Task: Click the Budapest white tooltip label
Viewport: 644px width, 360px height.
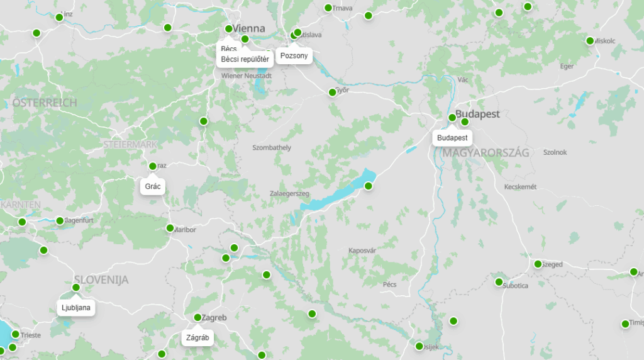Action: [452, 138]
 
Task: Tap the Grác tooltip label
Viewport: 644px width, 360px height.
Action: [153, 187]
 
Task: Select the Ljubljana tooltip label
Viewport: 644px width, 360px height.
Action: [76, 308]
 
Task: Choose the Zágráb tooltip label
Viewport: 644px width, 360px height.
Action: [197, 338]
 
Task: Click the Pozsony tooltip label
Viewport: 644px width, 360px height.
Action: [294, 56]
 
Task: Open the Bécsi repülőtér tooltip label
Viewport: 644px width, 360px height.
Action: [245, 60]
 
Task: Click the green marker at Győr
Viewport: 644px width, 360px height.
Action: [333, 93]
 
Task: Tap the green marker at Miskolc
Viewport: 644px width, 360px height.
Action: [590, 41]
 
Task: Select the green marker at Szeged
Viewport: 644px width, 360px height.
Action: [538, 264]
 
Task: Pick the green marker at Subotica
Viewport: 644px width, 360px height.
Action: [499, 282]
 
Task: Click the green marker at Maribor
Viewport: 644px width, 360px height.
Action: [170, 228]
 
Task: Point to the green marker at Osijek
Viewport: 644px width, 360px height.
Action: [419, 346]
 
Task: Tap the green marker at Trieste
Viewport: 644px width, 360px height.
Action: [15, 334]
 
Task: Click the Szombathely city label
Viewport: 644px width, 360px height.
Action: [271, 148]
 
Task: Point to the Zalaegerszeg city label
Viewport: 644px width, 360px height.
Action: [289, 194]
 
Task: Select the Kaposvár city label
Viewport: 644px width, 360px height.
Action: [362, 250]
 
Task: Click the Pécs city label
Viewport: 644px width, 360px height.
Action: [389, 284]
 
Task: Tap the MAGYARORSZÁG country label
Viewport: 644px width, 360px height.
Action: [486, 153]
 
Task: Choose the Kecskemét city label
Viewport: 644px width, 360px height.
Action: [520, 187]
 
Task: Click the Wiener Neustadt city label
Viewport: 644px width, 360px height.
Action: [247, 76]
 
